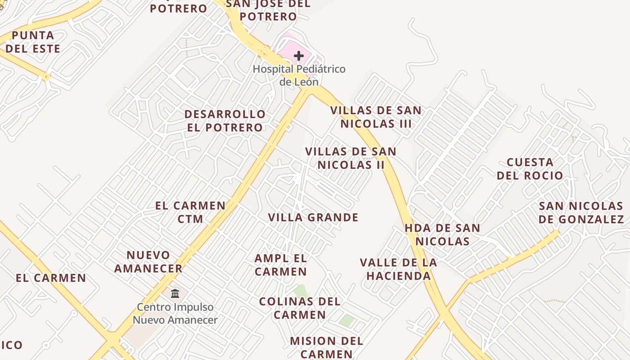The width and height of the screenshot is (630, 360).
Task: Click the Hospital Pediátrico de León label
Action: [x=299, y=76]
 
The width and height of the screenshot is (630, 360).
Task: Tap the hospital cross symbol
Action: [x=299, y=56]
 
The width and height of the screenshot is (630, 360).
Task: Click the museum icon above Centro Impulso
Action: [x=175, y=293]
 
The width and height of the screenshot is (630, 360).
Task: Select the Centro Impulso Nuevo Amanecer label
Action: [x=175, y=314]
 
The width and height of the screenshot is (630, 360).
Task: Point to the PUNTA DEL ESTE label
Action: [x=33, y=42]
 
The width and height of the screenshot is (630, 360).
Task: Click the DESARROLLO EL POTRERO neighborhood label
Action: [x=225, y=121]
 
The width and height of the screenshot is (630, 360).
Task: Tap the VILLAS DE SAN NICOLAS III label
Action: [x=376, y=117]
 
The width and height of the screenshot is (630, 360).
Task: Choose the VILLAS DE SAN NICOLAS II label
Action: [x=351, y=158]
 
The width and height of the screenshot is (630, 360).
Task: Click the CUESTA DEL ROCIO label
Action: [x=530, y=169]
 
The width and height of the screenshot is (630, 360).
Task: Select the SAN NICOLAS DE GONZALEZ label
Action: [x=581, y=213]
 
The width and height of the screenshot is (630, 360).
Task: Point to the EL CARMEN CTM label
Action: [x=190, y=212]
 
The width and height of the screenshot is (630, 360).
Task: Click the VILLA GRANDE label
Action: [x=313, y=218]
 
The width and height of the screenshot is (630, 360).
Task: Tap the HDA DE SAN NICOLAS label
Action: [x=442, y=234]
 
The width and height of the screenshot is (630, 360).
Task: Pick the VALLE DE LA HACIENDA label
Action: [x=399, y=269]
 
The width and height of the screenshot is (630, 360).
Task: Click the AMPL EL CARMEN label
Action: [x=281, y=265]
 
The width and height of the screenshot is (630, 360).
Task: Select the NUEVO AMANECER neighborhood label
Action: [x=148, y=262]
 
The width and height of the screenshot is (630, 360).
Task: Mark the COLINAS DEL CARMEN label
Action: [x=300, y=308]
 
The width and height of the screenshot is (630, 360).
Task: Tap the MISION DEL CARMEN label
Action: [x=327, y=347]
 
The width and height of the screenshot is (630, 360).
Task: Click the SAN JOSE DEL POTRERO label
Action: [x=268, y=10]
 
